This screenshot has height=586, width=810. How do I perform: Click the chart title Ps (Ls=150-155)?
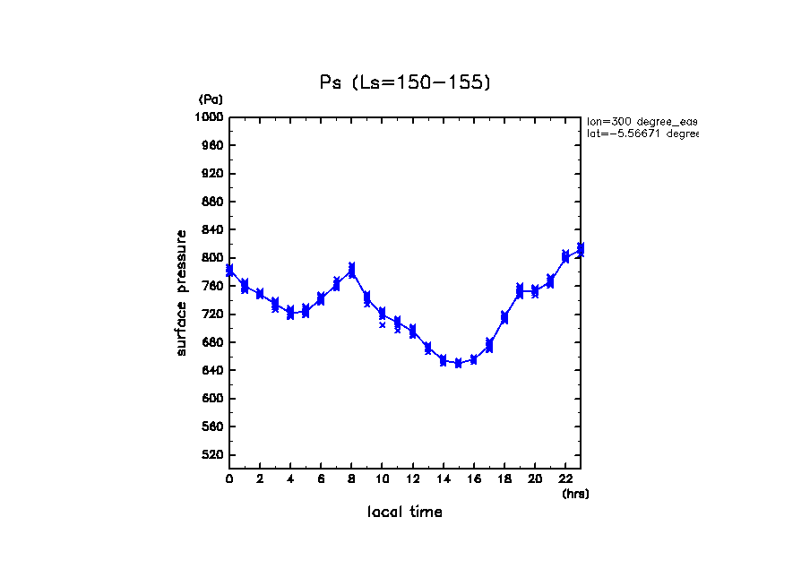tap(405, 82)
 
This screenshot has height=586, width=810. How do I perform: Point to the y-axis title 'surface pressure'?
tap(182, 292)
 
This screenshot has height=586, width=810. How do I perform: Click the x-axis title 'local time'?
tap(405, 513)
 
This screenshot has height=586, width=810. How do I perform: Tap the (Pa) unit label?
tap(211, 99)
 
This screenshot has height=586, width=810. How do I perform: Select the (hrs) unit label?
tap(575, 494)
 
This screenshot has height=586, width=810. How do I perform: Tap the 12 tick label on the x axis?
tap(412, 479)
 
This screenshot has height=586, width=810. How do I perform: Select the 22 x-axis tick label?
tap(565, 479)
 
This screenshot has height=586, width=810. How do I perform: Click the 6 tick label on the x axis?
tap(321, 479)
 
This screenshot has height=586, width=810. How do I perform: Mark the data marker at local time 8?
tap(351, 269)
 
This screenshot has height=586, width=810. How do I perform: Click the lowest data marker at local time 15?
tap(458, 364)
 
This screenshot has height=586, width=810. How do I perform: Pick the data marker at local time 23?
tap(581, 250)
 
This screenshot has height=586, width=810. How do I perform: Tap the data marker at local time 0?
tap(229, 270)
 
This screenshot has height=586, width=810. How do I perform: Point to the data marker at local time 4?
tap(290, 313)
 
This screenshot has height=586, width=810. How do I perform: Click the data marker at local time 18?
tap(504, 317)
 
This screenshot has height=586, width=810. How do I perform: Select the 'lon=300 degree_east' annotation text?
tap(642, 120)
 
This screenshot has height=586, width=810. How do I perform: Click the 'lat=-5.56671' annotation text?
tap(642, 134)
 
